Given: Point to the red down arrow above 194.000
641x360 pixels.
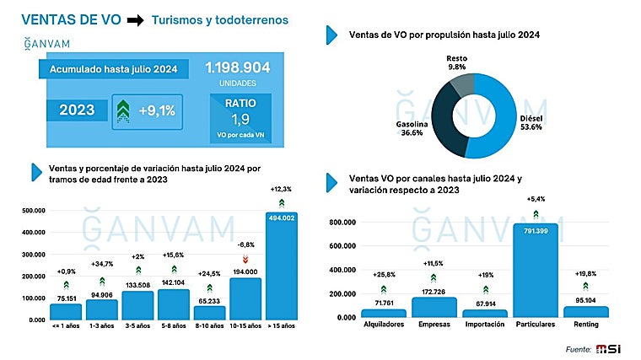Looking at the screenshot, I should point(245,259).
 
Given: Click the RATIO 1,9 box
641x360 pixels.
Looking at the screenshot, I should point(240,116).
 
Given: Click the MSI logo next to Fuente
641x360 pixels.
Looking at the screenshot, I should point(608,348).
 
